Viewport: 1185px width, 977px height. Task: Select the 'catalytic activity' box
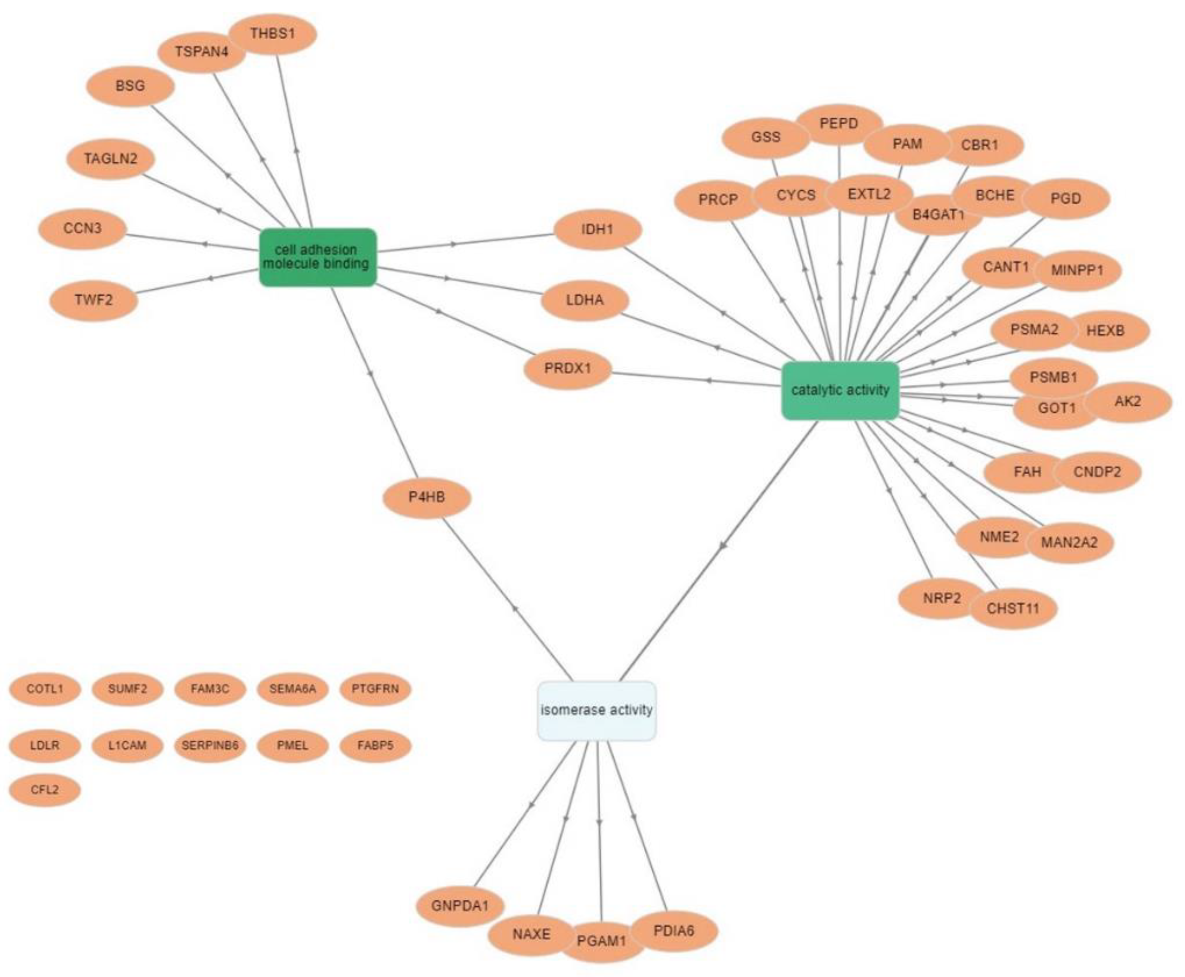840,391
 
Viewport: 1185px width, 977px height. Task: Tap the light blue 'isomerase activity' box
597,710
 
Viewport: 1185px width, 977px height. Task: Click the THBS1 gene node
273,34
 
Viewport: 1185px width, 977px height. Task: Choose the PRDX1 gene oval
567,369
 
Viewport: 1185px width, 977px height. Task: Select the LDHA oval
585,300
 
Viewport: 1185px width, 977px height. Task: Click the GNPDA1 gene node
460,905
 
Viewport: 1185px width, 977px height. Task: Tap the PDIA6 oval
674,931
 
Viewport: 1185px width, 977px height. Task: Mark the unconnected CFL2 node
44,790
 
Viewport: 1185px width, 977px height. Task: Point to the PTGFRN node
375,688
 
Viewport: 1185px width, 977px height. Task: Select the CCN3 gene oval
82,229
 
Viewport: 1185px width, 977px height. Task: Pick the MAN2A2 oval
1069,542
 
